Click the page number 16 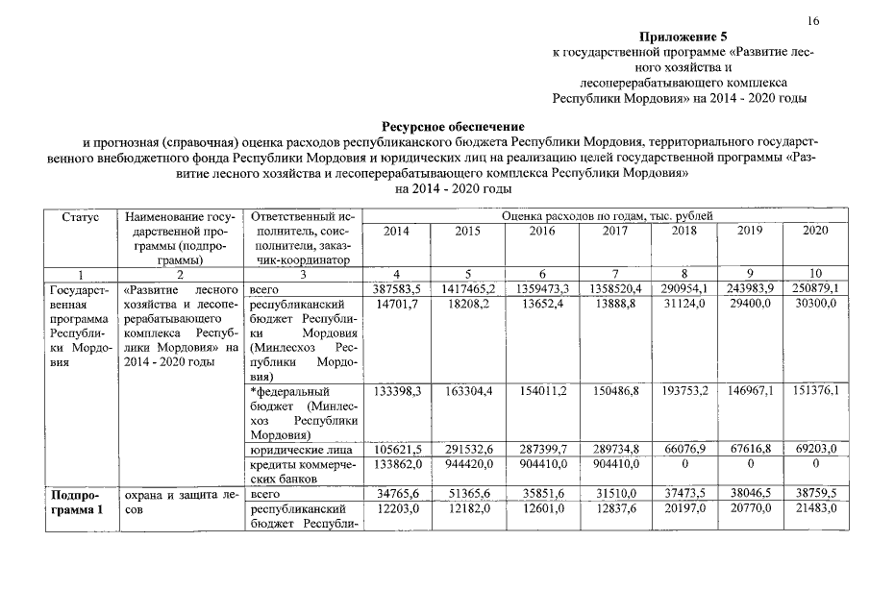click(813, 21)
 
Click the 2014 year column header click(395, 232)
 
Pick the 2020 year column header click(813, 232)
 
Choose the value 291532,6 click(466, 449)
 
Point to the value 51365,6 click(466, 494)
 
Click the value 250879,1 click(813, 288)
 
